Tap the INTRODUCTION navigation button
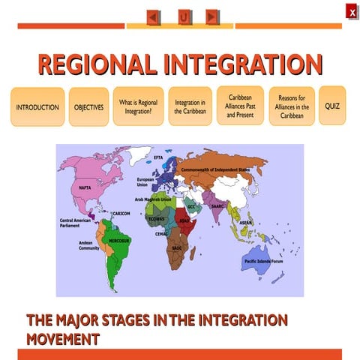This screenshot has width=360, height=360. pos(37,107)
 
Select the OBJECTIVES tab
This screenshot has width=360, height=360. pos(88,107)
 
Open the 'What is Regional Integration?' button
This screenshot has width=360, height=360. pos(138,106)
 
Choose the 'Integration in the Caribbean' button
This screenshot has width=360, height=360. pos(190,106)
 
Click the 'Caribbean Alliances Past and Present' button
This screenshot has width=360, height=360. pos(240,106)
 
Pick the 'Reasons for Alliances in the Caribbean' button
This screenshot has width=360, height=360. pos(292,106)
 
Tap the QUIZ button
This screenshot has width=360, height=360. pos(332,106)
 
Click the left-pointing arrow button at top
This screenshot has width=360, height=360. pos(153,16)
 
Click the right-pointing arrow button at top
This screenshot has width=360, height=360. pos(212,16)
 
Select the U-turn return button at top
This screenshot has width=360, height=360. pos(183,16)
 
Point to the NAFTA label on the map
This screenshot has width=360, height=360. pos(85,188)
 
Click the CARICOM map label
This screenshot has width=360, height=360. pos(121,214)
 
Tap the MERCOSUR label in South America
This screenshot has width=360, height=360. pos(120,241)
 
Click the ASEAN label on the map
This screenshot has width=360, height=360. pos(246,223)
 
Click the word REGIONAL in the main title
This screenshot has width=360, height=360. pos(97,65)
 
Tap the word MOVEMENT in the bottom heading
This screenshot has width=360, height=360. pos(63,338)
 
